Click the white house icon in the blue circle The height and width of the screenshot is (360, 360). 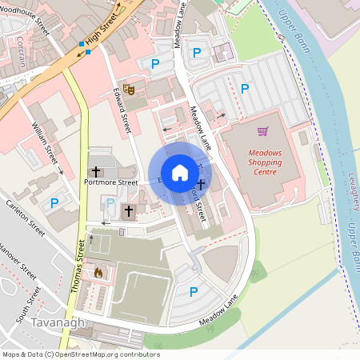(x=180, y=173)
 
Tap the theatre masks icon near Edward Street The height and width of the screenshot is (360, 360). (x=128, y=89)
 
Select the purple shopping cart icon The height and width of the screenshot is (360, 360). (x=262, y=131)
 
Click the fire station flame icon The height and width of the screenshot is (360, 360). (x=98, y=273)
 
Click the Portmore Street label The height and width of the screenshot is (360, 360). (x=111, y=182)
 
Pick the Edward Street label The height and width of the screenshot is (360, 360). (x=122, y=110)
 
